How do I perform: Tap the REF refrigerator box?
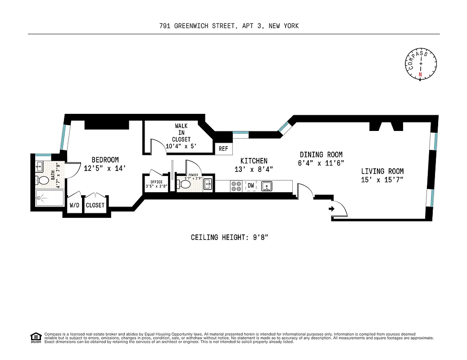tap(223, 149)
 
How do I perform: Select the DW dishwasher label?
tap(250, 185)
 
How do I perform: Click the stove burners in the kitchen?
tap(236, 185)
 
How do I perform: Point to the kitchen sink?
tap(267, 185)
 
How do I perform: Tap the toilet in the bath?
tap(43, 181)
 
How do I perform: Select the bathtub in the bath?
tap(50, 198)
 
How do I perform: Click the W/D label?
tap(74, 205)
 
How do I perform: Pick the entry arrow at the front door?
tap(332, 208)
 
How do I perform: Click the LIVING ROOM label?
tap(382, 171)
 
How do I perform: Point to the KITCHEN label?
tap(254, 161)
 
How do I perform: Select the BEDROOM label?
tap(105, 160)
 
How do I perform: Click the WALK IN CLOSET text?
tap(178, 133)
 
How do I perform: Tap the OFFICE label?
tap(156, 182)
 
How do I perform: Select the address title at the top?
tap(229, 26)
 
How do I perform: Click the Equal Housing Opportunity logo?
tap(35, 337)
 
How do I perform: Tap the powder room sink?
tap(208, 183)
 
